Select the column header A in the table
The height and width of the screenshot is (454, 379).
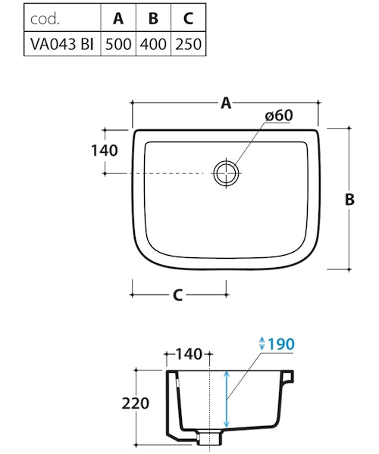(x=118, y=14)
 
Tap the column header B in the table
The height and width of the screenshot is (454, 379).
(x=153, y=14)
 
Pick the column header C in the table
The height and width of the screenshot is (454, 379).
(x=187, y=14)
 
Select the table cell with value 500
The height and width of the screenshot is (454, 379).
(x=118, y=42)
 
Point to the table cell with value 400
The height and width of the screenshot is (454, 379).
(x=153, y=42)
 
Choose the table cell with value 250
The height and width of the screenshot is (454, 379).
(x=187, y=42)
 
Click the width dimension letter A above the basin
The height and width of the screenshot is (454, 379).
(x=225, y=104)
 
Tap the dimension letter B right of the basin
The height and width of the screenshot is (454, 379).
(x=349, y=199)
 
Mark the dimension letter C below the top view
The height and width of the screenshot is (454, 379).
(x=178, y=296)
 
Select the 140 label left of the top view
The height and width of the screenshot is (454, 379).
(x=104, y=151)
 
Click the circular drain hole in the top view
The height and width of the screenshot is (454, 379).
(x=225, y=173)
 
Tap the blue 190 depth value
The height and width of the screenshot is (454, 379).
(x=280, y=344)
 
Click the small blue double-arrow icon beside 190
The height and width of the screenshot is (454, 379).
(x=262, y=344)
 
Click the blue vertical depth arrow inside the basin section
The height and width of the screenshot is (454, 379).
(x=226, y=399)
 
